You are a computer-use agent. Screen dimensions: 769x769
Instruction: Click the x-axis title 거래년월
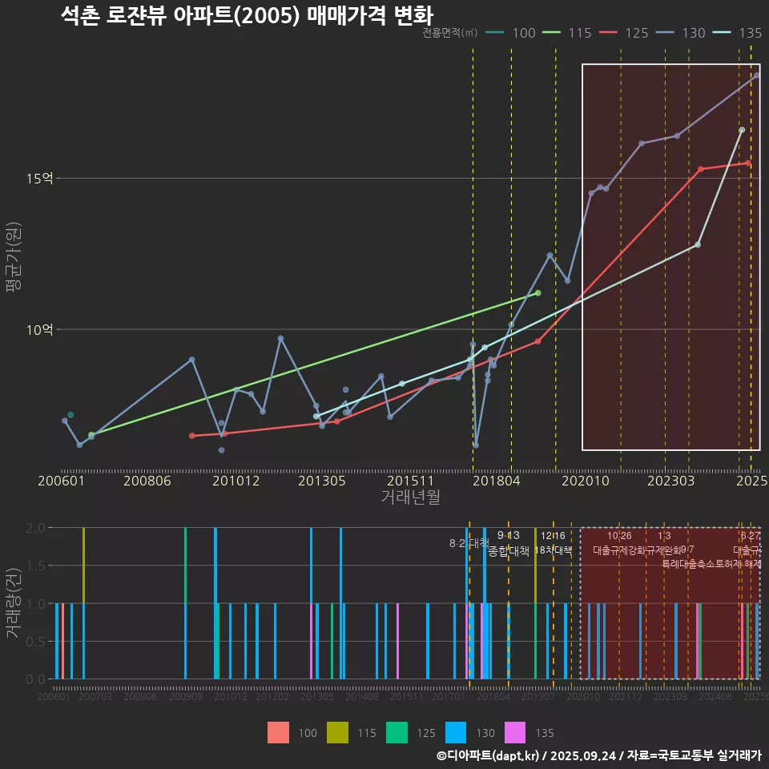(410, 497)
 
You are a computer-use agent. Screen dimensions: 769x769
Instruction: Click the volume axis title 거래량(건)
(14, 602)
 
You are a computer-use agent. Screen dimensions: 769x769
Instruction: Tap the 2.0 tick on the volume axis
(36, 528)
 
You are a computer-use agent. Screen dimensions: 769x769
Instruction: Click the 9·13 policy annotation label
(509, 535)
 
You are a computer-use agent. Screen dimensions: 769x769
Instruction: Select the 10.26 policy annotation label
(619, 535)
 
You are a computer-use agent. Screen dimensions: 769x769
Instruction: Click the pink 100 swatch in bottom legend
(278, 732)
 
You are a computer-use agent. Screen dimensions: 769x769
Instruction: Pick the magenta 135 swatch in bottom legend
(515, 732)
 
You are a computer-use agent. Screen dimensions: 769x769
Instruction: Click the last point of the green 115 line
(537, 293)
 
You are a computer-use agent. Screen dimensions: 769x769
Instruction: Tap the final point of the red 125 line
(747, 163)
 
